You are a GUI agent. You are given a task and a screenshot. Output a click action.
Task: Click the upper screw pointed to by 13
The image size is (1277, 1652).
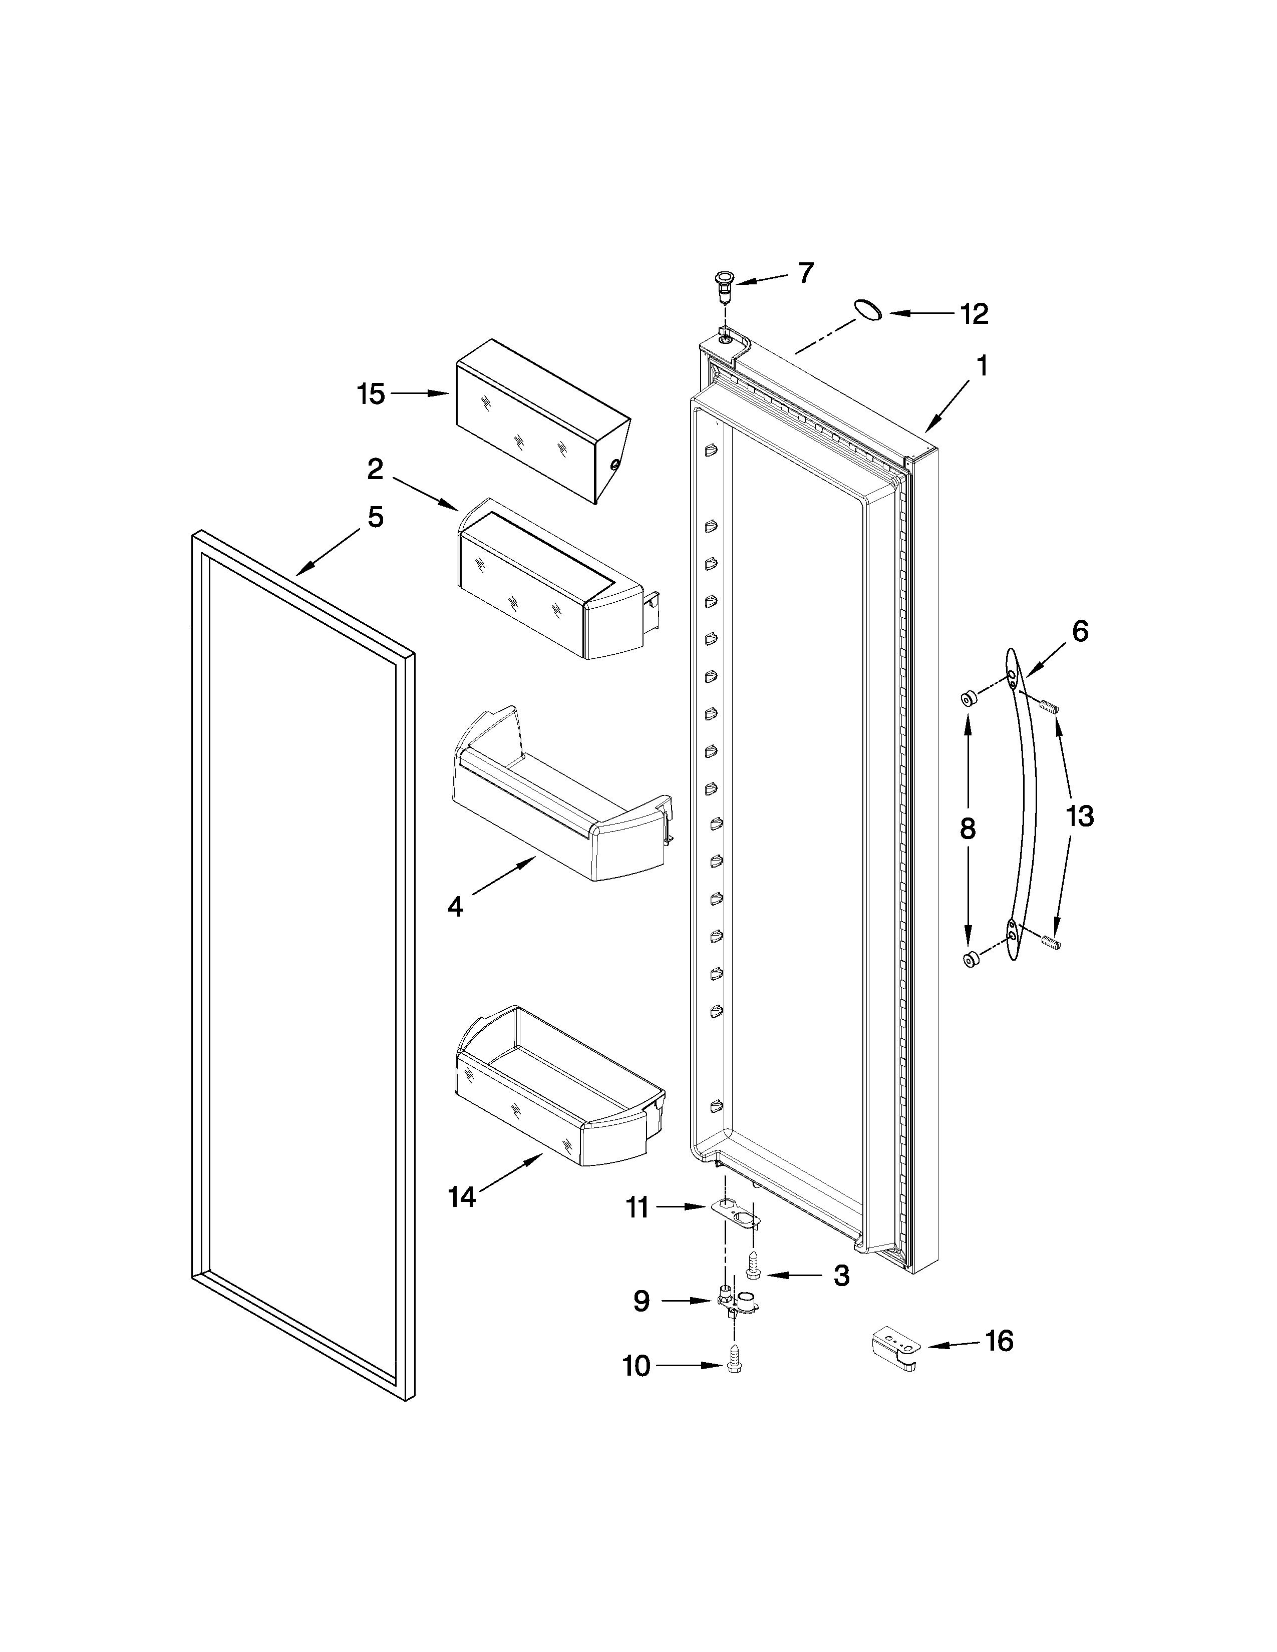pyautogui.click(x=1049, y=706)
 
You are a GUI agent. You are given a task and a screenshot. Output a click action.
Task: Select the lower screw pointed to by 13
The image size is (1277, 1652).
pyautogui.click(x=1050, y=942)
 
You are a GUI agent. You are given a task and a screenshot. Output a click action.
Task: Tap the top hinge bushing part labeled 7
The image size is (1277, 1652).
pyautogui.click(x=725, y=281)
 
